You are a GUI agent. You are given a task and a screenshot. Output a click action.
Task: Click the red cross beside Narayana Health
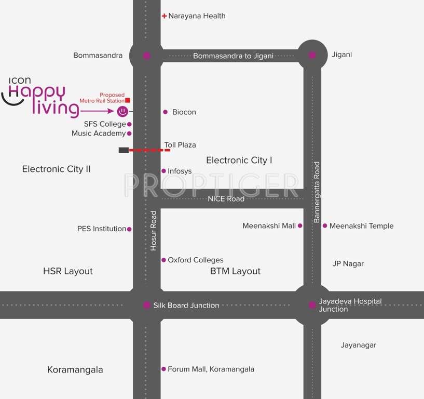point(164,16)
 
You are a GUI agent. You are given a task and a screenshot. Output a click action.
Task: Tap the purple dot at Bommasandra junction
point(147,56)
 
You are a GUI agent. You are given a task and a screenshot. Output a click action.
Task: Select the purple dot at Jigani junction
point(312,55)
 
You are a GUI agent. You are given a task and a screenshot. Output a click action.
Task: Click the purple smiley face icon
point(122,111)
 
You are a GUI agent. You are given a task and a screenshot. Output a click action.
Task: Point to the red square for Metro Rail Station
point(128,100)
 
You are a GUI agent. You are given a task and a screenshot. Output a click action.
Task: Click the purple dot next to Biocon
point(166,112)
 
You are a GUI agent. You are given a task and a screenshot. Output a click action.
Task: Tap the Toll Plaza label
point(180,145)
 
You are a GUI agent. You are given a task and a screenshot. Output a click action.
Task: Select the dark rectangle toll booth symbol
point(124,150)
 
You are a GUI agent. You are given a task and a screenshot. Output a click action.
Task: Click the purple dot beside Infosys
point(163,171)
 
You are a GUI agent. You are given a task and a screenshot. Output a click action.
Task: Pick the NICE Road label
point(226,198)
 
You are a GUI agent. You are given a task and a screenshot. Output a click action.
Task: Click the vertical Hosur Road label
point(154,231)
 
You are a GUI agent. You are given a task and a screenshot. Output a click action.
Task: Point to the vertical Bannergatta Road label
point(317,192)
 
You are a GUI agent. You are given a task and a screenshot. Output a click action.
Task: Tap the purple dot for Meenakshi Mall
point(300,225)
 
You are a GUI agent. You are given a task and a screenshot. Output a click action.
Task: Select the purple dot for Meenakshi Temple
point(325,225)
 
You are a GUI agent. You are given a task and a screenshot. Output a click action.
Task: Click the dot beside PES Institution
point(129,229)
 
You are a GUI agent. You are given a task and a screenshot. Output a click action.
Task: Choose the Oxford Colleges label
point(195,260)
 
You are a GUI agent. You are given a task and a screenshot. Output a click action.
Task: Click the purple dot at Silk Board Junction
point(147,305)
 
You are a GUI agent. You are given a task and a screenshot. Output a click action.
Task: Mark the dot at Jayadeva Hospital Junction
point(312,305)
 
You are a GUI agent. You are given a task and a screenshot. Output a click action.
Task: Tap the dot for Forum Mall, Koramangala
point(163,369)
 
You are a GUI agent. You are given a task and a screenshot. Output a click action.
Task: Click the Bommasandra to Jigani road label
point(233,56)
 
